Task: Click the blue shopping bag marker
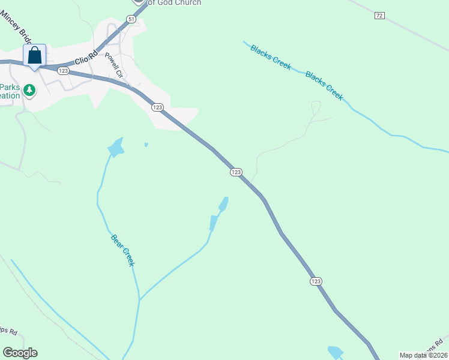coord(35,56)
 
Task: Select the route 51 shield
coord(131,19)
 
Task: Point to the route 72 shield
coord(379,16)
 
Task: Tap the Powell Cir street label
coord(113,66)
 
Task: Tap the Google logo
coord(20,353)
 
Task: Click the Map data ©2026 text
coord(423,355)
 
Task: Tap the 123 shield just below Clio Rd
coord(63,71)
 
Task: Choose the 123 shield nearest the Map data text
coord(316,281)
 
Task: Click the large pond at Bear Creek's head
coord(115,147)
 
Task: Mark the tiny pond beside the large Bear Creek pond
coord(146,145)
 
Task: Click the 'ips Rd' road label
coord(8,332)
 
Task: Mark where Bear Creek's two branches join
coord(139,299)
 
